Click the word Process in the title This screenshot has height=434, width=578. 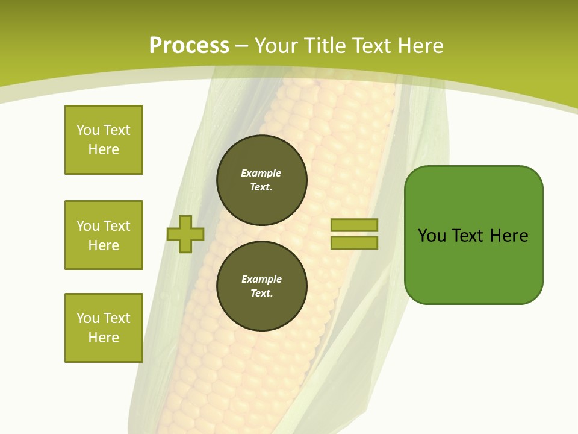189,46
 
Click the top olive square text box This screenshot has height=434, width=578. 104,140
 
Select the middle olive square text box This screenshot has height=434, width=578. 104,235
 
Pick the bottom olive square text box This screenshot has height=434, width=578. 104,328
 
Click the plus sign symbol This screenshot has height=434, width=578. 185,234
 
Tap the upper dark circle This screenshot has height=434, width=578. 261,180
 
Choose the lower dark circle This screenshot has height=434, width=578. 261,286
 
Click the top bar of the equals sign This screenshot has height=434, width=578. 354,225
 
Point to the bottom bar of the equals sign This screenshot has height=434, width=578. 354,242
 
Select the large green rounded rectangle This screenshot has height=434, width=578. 473,235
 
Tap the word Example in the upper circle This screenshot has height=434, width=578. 261,174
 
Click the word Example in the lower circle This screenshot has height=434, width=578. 261,280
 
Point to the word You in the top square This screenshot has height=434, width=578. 88,130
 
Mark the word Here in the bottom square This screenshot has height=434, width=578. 104,338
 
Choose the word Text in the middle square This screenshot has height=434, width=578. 116,226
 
